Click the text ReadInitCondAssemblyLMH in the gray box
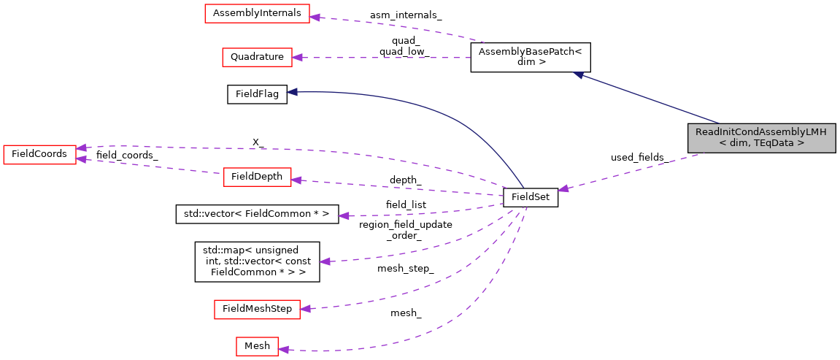(760, 132)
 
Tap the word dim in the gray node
(737, 144)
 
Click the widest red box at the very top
(257, 14)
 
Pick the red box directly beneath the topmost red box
(257, 58)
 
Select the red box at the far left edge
(39, 155)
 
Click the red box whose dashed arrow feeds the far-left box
(257, 177)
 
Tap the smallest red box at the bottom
(257, 347)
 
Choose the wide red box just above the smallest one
(257, 310)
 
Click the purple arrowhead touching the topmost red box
(315, 16)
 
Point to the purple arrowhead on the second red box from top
(297, 57)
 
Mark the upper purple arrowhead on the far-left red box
(82, 148)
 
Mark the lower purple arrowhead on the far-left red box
(82, 159)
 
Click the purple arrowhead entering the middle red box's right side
(296, 180)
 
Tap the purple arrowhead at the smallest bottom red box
(284, 350)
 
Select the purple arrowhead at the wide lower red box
(305, 309)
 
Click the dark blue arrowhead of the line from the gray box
(577, 74)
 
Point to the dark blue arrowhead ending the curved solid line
(292, 92)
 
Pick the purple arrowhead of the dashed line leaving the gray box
(563, 189)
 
